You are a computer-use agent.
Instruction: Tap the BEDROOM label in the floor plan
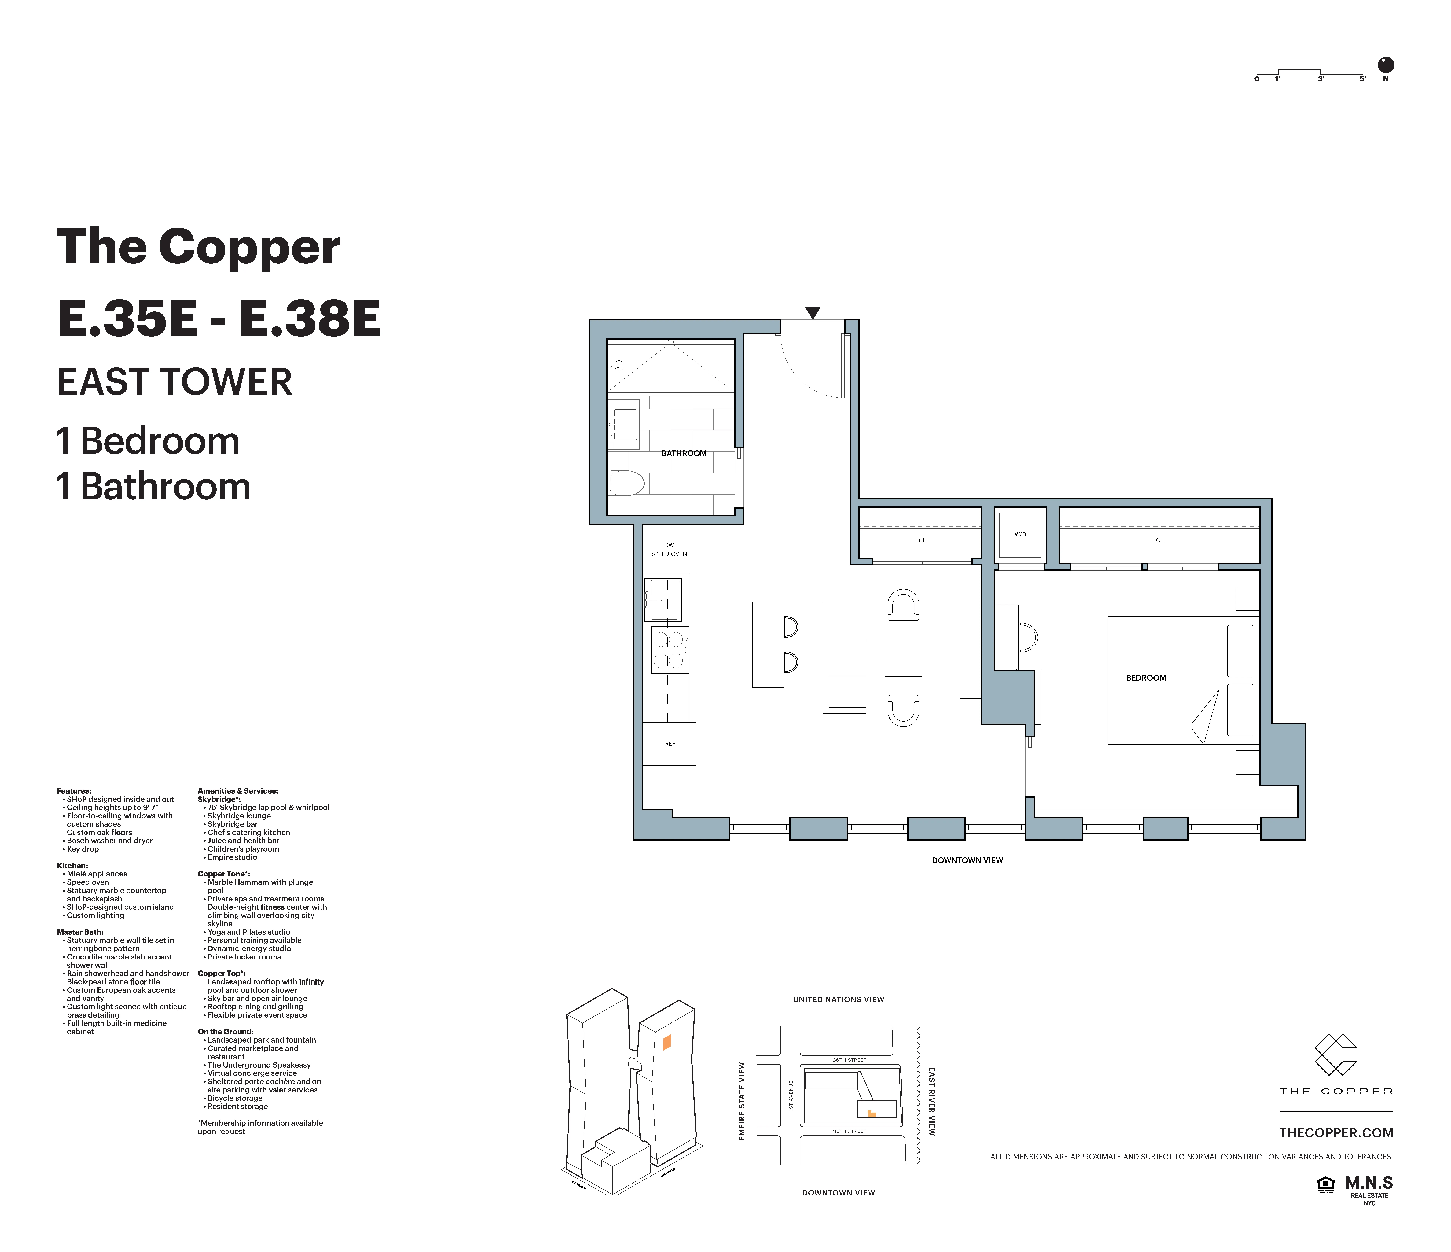tap(1146, 678)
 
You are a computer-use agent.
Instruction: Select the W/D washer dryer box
tap(1020, 535)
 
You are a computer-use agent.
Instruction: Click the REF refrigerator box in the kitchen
tap(670, 744)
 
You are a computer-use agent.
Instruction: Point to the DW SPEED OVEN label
tap(669, 550)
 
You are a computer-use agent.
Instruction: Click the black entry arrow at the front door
tap(812, 313)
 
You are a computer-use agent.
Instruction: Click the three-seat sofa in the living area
tap(845, 657)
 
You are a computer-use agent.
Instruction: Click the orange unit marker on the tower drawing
tap(667, 1043)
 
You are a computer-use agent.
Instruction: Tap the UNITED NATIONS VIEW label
tap(838, 999)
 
